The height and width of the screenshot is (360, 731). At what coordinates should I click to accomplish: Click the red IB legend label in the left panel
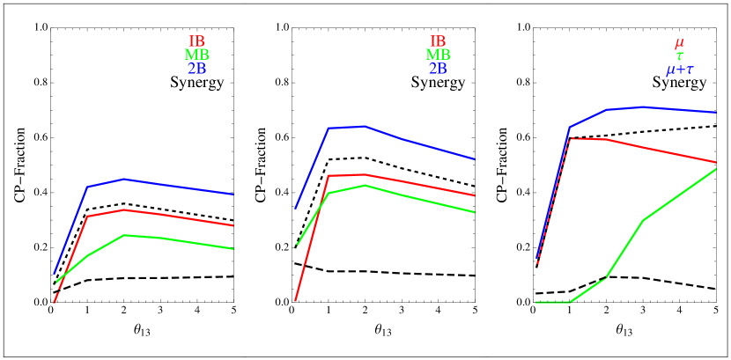pyautogui.click(x=196, y=41)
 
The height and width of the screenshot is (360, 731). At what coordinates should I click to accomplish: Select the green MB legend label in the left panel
pyautogui.click(x=196, y=55)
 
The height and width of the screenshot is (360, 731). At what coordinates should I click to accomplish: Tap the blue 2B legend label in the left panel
pyautogui.click(x=196, y=68)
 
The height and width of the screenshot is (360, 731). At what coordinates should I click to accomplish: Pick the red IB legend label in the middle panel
pyautogui.click(x=438, y=41)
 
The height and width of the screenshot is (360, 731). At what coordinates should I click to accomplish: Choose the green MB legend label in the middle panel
pyautogui.click(x=438, y=55)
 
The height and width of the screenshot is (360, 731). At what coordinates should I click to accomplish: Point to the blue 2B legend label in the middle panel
pyautogui.click(x=438, y=68)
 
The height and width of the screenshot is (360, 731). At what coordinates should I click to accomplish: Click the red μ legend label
pyautogui.click(x=679, y=42)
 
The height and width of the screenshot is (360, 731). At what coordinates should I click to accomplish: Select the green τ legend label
pyautogui.click(x=679, y=55)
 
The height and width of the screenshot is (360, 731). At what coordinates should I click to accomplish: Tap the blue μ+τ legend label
pyautogui.click(x=679, y=69)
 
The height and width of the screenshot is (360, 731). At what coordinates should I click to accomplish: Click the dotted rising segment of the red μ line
pyautogui.click(x=553, y=201)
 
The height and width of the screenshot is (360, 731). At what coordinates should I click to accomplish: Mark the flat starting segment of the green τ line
pyautogui.click(x=553, y=302)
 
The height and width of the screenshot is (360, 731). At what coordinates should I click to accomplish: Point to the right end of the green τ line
pyautogui.click(x=715, y=169)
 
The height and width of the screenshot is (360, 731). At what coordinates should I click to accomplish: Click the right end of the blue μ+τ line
pyautogui.click(x=715, y=113)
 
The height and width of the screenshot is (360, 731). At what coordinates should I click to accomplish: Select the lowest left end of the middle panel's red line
pyautogui.click(x=295, y=301)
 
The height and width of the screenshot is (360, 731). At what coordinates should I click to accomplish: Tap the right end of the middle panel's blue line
pyautogui.click(x=475, y=159)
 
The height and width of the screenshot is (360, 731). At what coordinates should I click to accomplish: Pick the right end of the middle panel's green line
pyautogui.click(x=475, y=212)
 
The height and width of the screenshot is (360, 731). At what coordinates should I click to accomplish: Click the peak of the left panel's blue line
pyautogui.click(x=124, y=179)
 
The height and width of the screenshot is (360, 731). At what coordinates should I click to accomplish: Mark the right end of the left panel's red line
pyautogui.click(x=233, y=225)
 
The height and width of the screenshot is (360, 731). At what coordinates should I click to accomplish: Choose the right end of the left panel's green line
pyautogui.click(x=233, y=249)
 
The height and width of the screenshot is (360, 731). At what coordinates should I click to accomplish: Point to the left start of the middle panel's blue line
pyautogui.click(x=295, y=209)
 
